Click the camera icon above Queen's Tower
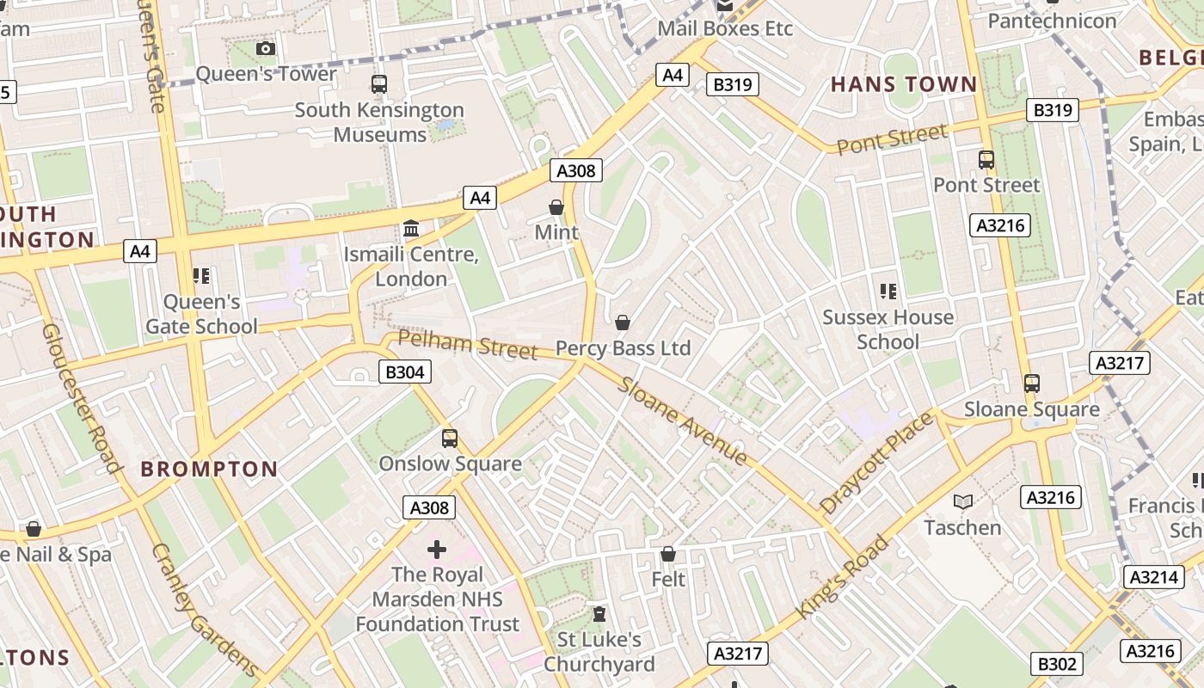266,49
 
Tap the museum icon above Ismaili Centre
411,230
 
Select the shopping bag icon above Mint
556,207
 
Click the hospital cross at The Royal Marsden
437,549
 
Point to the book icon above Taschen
963,501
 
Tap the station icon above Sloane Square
1031,384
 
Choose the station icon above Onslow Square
450,439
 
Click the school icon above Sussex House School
888,292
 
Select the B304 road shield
404,372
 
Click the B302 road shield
1056,663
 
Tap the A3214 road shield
1153,576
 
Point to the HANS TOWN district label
904,84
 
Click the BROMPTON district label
209,469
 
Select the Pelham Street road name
468,345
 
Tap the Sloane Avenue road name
683,421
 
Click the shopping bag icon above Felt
668,555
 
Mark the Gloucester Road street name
82,398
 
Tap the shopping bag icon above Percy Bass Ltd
623,322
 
